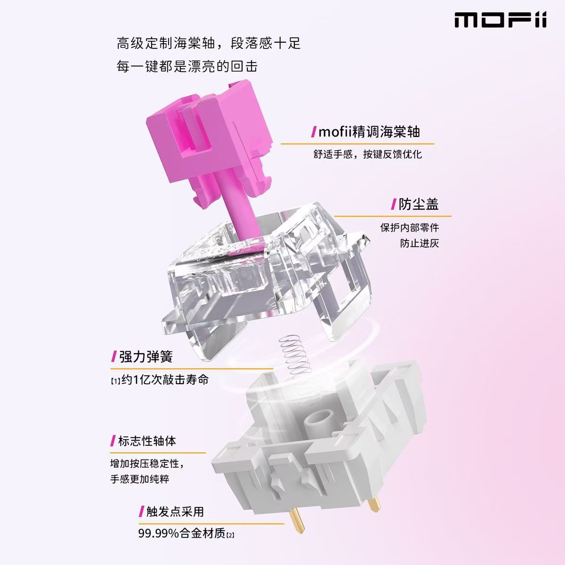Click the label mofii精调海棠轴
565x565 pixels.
click(369, 132)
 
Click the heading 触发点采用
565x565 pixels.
click(175, 511)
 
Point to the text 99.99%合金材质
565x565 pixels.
click(182, 534)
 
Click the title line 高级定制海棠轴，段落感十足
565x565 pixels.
click(209, 44)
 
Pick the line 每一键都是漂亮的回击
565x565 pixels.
click(187, 66)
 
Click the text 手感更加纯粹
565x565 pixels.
click(139, 479)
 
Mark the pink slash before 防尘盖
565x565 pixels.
click(393, 204)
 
